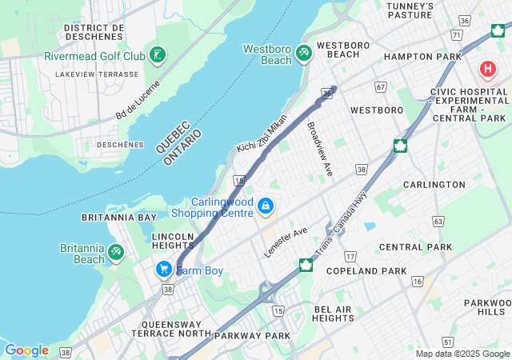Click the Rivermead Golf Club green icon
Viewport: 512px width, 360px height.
(x=158, y=55)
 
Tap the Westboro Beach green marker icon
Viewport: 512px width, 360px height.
(x=303, y=53)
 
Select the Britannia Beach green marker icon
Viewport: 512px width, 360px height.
(x=116, y=253)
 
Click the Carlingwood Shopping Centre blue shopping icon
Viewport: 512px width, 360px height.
(x=265, y=207)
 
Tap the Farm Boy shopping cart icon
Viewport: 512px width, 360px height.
(x=164, y=270)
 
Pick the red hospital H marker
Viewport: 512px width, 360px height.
(x=487, y=70)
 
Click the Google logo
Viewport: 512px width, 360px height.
(x=26, y=350)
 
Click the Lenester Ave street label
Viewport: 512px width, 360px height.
(x=286, y=242)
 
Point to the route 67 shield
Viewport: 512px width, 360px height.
(x=381, y=86)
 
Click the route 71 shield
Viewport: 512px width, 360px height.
(x=456, y=35)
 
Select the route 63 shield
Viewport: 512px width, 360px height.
(x=438, y=220)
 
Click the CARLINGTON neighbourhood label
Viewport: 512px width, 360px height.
(x=434, y=185)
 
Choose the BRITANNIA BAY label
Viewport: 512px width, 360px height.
(x=119, y=218)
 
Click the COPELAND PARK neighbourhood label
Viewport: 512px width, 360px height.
(x=372, y=272)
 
